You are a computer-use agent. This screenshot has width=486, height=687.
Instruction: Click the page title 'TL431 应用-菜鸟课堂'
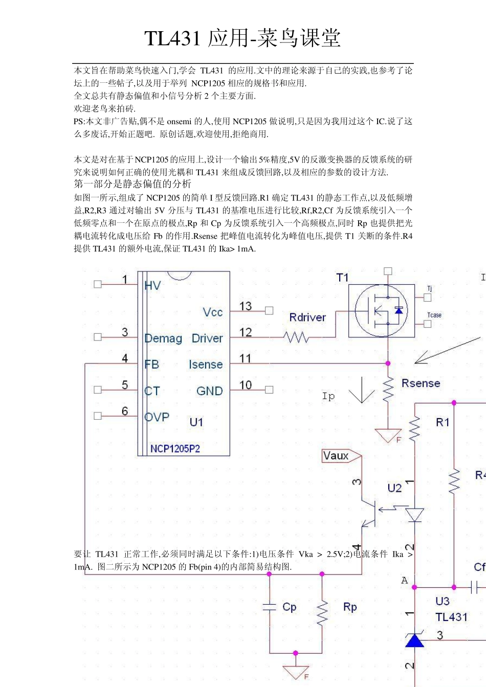coord(242,38)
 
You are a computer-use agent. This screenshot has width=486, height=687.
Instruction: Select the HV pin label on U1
coord(152,286)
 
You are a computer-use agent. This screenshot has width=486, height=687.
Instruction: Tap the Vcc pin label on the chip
coord(212,312)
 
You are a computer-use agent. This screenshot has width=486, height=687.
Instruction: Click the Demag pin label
coord(163,338)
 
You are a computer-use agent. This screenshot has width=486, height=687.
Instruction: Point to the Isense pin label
coord(206,364)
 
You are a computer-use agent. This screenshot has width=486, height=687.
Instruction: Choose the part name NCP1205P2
coord(175,449)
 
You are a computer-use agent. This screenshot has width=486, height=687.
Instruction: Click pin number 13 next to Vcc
coord(246,306)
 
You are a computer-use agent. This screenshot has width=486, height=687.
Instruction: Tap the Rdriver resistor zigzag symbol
coord(296,337)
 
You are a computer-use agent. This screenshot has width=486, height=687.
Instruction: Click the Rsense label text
coord(421,383)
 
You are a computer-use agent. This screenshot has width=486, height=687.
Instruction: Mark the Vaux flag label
coord(336,455)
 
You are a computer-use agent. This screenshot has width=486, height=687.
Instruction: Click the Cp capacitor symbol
coord(269,607)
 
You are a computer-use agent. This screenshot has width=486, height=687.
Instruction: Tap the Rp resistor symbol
coord(322,612)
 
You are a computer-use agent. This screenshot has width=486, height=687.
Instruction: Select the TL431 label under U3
coord(451,617)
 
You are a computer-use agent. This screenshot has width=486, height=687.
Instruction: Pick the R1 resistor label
coord(443,422)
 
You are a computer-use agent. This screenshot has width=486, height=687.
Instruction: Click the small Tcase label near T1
coord(434,315)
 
